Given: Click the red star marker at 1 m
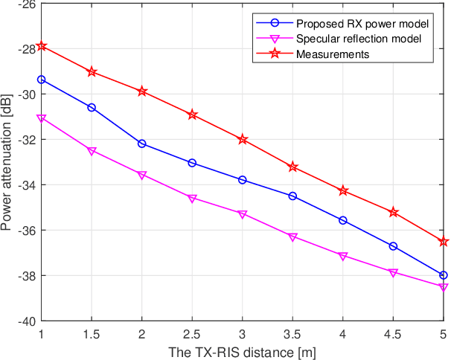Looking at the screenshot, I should pos(42,46).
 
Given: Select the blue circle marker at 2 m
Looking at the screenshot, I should pos(142,144).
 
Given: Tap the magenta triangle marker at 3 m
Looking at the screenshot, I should pos(243,214).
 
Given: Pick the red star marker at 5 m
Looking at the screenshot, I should pos(444,241).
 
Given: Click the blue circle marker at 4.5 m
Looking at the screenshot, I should pos(393,246).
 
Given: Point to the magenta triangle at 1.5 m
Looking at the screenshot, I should pos(92,151).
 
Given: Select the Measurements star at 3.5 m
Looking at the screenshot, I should pos(292,167).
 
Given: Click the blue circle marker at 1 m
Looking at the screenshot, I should pos(42,80).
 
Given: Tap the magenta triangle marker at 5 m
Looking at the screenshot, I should pos(444,287).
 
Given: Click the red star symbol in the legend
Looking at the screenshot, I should pos(275,54).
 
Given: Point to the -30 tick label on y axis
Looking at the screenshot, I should pos(22,94).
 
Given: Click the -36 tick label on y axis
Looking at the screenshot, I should pos(22,231).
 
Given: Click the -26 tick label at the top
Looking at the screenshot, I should pos(22,4).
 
